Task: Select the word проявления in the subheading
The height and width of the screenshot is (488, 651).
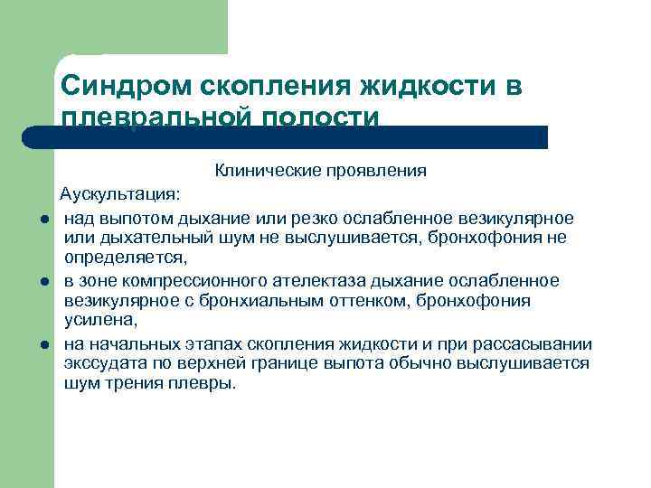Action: pyautogui.click(x=355, y=170)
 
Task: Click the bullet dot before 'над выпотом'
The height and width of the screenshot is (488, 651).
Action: pyautogui.click(x=43, y=220)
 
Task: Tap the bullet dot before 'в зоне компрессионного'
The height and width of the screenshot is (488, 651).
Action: pyautogui.click(x=43, y=283)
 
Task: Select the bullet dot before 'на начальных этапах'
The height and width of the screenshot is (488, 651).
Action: pyautogui.click(x=43, y=345)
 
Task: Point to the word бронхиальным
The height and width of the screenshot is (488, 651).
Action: pyautogui.click(x=245, y=301)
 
